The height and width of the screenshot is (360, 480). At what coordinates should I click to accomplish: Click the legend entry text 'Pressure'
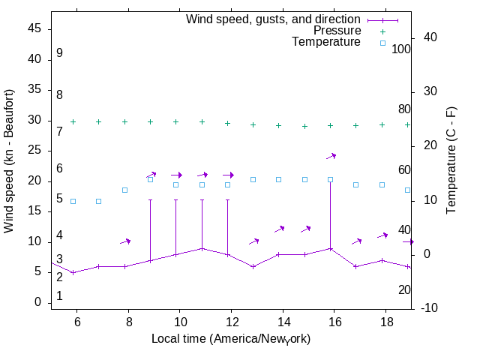(337, 31)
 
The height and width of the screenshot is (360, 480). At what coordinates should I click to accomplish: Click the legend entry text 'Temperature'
(326, 42)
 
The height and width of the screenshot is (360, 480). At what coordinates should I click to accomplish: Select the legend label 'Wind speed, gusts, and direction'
(273, 19)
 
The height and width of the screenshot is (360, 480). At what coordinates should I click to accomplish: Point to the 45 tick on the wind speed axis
(35, 28)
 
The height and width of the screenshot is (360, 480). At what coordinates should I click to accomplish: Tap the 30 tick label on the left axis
(35, 120)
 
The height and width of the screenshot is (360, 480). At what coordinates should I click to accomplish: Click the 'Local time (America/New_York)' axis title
(231, 339)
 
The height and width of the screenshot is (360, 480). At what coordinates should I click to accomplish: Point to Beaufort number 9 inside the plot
(59, 53)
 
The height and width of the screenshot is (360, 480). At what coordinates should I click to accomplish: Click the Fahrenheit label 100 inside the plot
(402, 49)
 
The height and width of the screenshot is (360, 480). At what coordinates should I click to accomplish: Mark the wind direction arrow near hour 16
(331, 156)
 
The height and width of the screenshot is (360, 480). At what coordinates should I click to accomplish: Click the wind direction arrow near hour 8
(125, 241)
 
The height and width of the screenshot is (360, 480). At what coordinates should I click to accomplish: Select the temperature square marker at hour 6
(73, 201)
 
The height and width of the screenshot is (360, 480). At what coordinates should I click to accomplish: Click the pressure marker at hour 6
(73, 121)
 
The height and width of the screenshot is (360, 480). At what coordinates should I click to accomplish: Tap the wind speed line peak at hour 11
(202, 248)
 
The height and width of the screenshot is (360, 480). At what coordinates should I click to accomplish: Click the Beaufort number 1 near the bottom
(59, 296)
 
